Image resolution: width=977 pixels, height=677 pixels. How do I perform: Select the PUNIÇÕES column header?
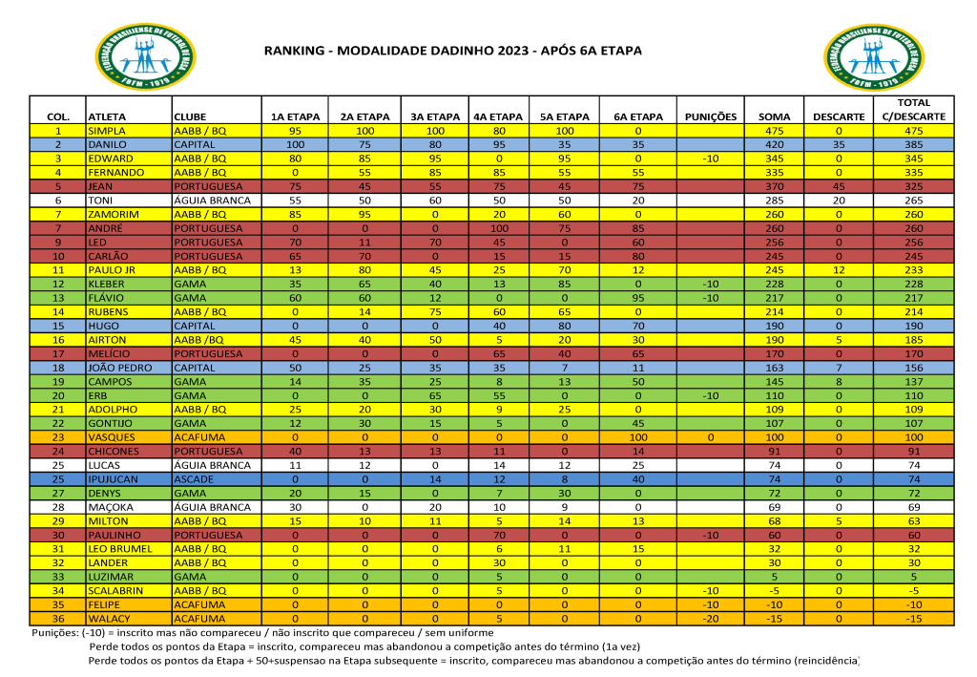point(711,116)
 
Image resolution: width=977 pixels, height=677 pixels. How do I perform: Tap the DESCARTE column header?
point(839,116)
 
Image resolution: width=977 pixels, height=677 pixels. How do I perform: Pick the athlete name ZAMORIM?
point(113,215)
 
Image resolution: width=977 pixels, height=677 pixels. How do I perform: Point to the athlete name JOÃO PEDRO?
point(120,368)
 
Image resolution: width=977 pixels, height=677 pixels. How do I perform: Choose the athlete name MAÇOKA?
point(111,507)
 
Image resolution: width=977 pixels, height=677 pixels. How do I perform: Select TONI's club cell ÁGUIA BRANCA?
point(210,201)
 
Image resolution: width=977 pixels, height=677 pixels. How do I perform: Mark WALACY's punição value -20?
point(711,619)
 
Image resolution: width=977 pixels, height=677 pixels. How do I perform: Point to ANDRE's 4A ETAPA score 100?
point(498,228)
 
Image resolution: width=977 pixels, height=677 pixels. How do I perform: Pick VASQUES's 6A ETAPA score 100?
point(638,437)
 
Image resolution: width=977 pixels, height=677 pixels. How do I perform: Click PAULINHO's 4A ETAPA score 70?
point(498,535)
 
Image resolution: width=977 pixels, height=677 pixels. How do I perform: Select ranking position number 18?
point(58,368)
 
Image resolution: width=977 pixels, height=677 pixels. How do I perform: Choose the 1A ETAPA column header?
point(295,116)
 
